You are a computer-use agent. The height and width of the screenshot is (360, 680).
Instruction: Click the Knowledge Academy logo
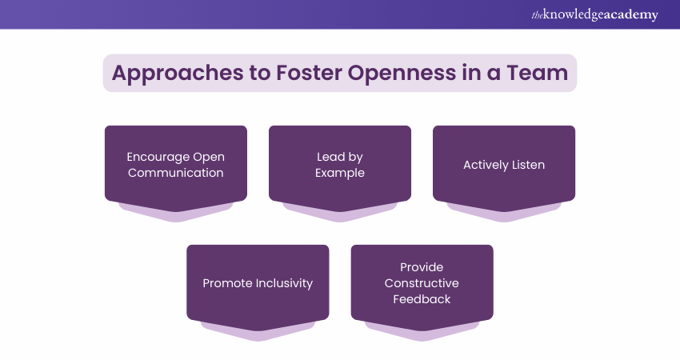coord(594,14)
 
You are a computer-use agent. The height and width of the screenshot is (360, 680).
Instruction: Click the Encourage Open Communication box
coord(175,164)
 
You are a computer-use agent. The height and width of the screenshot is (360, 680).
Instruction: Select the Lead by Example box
coord(339,164)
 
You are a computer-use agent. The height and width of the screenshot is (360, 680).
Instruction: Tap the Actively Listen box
coord(504,164)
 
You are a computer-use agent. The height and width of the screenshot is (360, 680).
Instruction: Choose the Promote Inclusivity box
coord(258,283)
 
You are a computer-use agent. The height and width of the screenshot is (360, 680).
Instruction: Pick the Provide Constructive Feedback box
coord(422,283)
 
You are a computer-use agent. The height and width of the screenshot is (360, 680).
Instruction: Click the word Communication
coord(175,173)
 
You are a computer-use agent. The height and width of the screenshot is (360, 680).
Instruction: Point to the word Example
coord(339,173)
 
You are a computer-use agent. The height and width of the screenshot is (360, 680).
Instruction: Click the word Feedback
coord(422,299)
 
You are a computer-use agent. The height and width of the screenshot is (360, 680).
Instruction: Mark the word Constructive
coord(422,283)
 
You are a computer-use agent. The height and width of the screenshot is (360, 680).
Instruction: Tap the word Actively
coord(483,165)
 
